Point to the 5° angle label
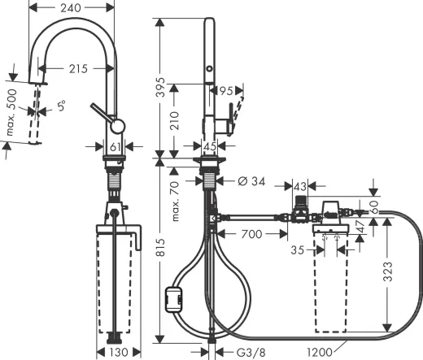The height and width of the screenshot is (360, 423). click(61, 104)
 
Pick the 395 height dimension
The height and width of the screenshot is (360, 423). click(161, 85)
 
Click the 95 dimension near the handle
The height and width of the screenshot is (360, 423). click(226, 90)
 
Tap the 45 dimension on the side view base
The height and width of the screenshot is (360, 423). click(209, 146)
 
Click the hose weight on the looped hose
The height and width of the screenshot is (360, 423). click(174, 300)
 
